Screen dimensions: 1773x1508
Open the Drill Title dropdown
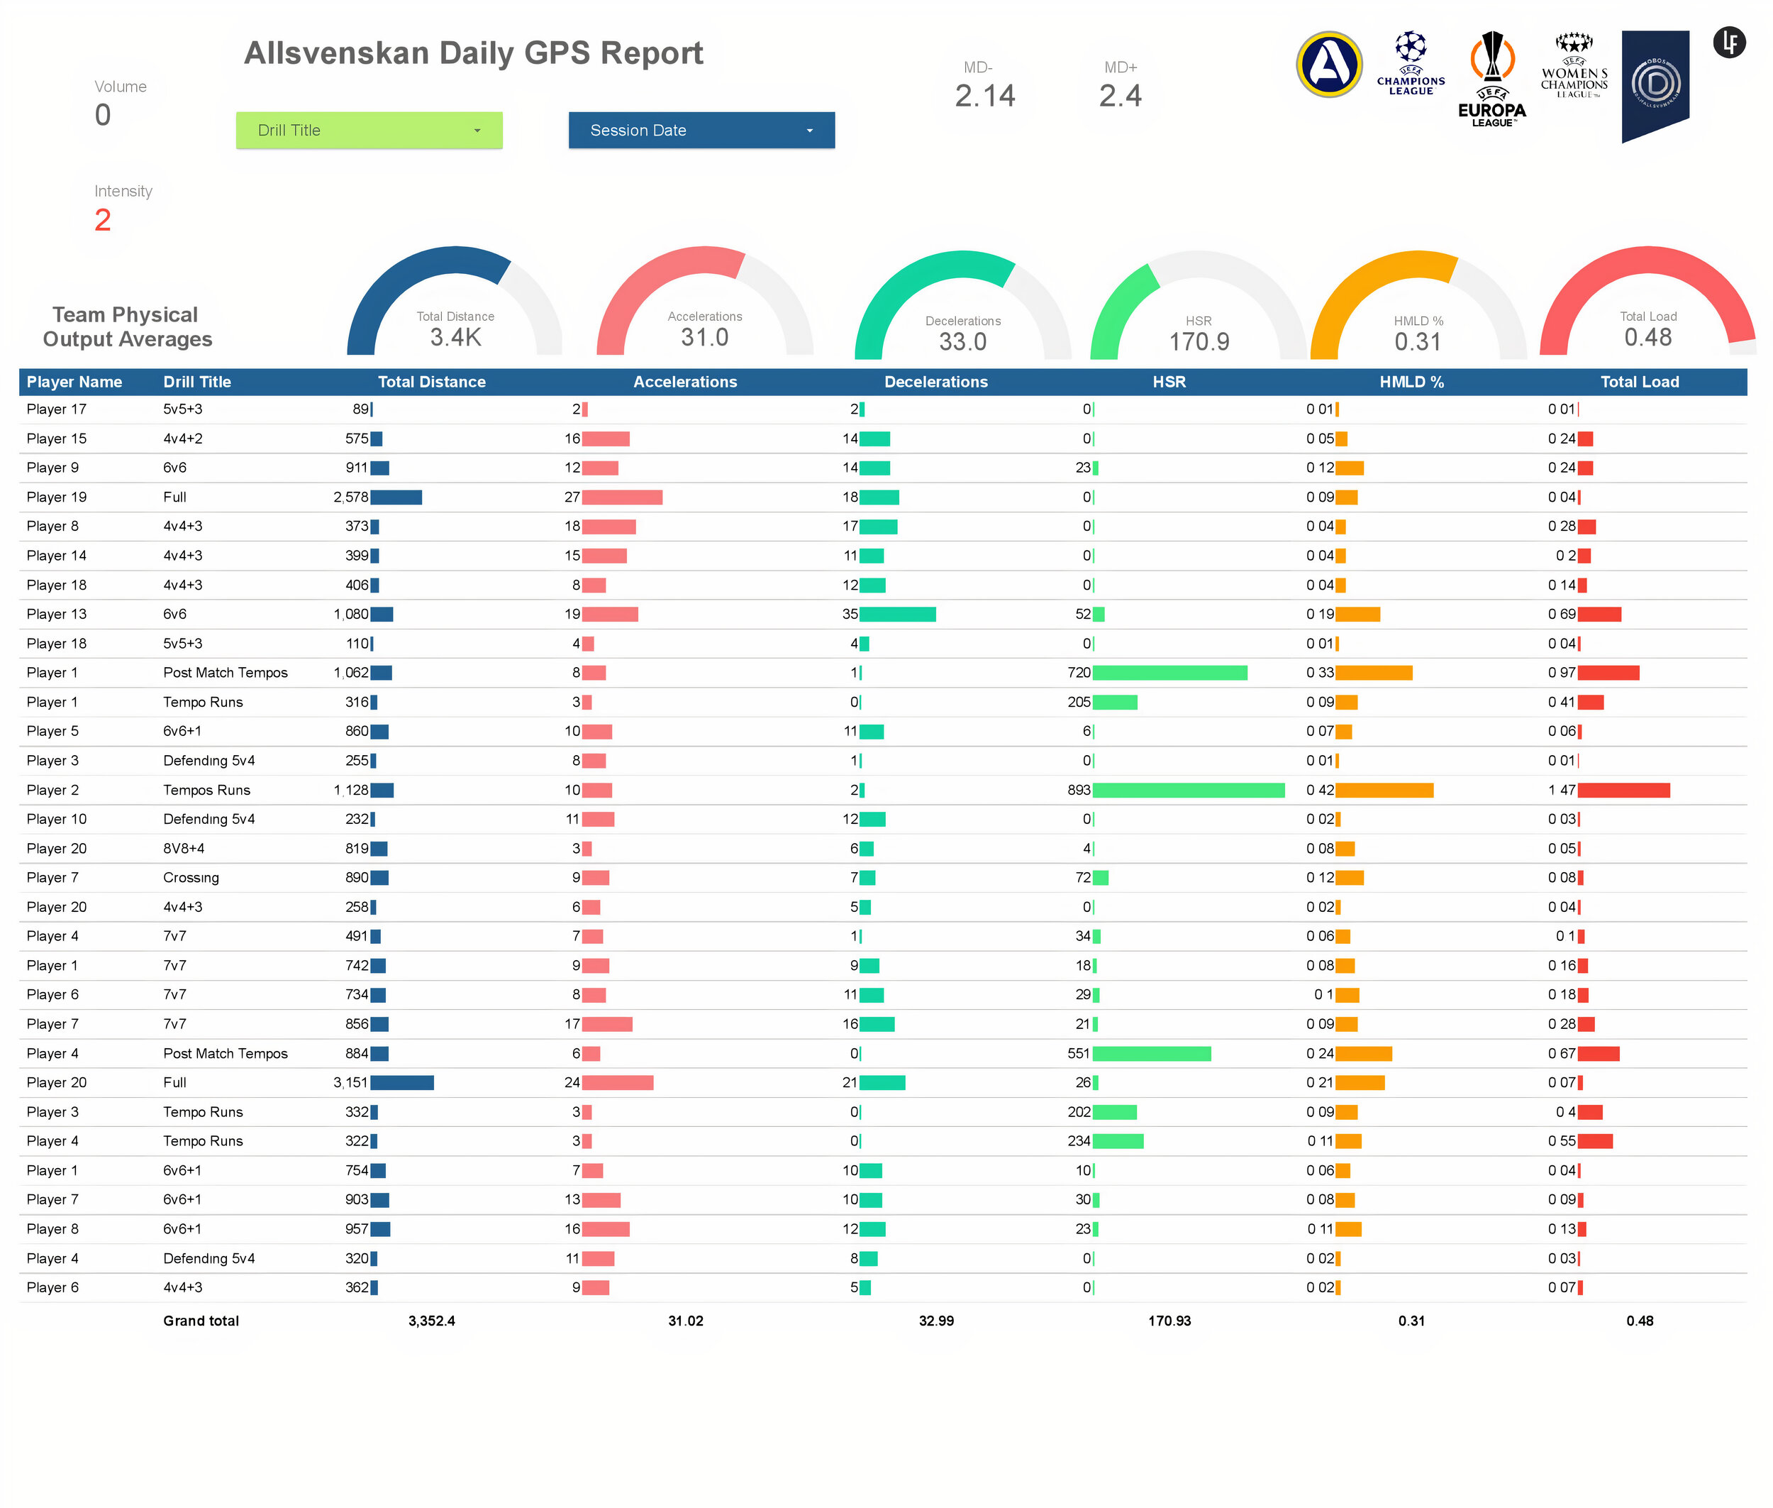[x=369, y=130]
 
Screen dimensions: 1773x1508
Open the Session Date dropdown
[x=701, y=130]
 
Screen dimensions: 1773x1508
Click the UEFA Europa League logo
[x=1492, y=79]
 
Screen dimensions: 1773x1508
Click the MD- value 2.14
[x=985, y=96]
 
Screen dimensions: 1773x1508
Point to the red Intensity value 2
[x=103, y=220]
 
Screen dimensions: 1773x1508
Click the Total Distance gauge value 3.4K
[x=455, y=338]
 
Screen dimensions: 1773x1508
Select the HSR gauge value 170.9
[x=1199, y=342]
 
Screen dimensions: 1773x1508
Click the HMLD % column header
[x=1411, y=382]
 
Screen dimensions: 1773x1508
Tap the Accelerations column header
[x=685, y=382]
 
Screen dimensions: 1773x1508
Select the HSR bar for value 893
[x=1189, y=790]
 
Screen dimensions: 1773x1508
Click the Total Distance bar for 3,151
[x=402, y=1082]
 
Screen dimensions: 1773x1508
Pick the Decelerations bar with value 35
[x=898, y=614]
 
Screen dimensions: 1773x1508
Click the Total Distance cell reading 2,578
[x=350, y=497]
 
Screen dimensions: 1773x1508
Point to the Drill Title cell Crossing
[x=191, y=877]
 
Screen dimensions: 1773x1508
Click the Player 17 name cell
[x=57, y=409]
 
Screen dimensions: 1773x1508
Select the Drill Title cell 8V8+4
[x=184, y=848]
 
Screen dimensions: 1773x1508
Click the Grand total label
[x=201, y=1321]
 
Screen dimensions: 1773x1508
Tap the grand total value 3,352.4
[x=431, y=1321]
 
